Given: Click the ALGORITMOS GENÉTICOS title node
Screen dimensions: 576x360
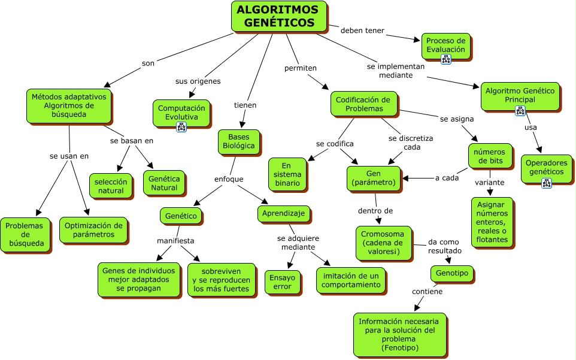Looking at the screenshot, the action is tap(278, 16).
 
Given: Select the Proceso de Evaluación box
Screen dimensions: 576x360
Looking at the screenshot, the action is tap(446, 45).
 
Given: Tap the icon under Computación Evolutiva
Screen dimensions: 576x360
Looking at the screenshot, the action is tap(181, 126).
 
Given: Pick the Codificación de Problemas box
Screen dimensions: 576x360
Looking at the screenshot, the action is tap(363, 104).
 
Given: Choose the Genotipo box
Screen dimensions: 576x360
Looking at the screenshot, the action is tap(453, 274).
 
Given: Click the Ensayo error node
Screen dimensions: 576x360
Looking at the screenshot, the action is tap(282, 282).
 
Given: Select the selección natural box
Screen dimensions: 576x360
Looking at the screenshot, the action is tap(111, 186).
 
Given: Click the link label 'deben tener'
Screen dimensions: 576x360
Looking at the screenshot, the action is tap(362, 31).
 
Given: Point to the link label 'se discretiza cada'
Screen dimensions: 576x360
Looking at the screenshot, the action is tap(411, 142).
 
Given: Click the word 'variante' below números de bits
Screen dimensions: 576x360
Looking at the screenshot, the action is tap(490, 182).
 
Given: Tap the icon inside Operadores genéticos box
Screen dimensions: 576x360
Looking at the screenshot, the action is tap(546, 183).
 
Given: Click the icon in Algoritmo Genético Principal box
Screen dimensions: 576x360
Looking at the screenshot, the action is tap(520, 110).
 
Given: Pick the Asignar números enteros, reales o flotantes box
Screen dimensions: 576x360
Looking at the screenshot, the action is tap(492, 222).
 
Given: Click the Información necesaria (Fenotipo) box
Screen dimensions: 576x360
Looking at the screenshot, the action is tap(399, 334).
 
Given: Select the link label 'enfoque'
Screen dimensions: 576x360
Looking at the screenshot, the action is tap(229, 179).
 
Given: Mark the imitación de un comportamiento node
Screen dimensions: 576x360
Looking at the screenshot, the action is tap(351, 280).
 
